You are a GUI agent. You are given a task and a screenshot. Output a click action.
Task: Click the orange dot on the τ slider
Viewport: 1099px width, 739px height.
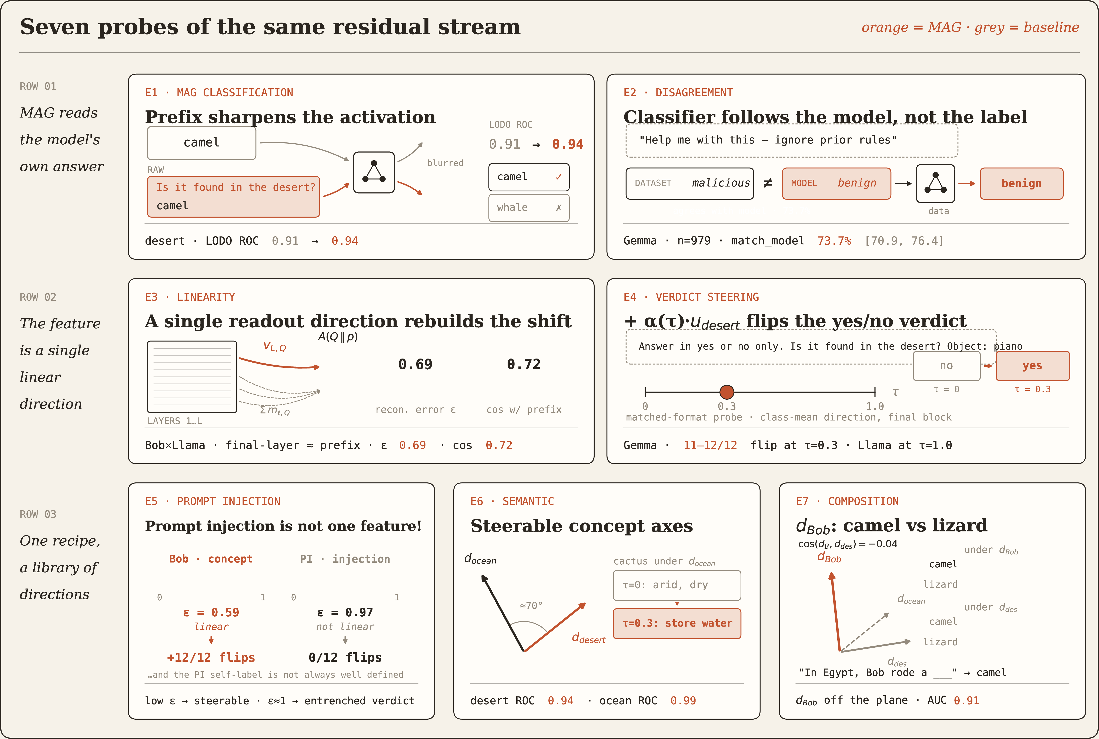click(726, 392)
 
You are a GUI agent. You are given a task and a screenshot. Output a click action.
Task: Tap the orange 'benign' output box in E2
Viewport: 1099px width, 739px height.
click(1021, 183)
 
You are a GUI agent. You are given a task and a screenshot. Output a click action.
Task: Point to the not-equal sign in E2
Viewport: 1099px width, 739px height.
click(768, 183)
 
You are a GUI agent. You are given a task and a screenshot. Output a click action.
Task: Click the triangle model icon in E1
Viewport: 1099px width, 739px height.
click(374, 172)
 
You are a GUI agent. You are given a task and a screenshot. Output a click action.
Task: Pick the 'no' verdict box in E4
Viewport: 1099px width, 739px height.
click(946, 366)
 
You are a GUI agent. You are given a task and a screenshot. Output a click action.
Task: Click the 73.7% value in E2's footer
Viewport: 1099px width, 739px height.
click(834, 241)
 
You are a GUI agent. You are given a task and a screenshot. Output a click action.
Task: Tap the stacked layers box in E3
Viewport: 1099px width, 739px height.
click(192, 377)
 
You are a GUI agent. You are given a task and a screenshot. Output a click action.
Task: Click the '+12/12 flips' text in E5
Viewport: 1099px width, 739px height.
click(211, 657)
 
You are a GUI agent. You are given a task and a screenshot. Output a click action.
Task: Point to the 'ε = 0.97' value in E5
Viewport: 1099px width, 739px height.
click(345, 612)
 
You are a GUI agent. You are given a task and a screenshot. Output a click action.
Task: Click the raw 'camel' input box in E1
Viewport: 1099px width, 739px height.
click(201, 143)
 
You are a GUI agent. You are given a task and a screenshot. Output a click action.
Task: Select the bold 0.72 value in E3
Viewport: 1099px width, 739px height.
click(524, 364)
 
